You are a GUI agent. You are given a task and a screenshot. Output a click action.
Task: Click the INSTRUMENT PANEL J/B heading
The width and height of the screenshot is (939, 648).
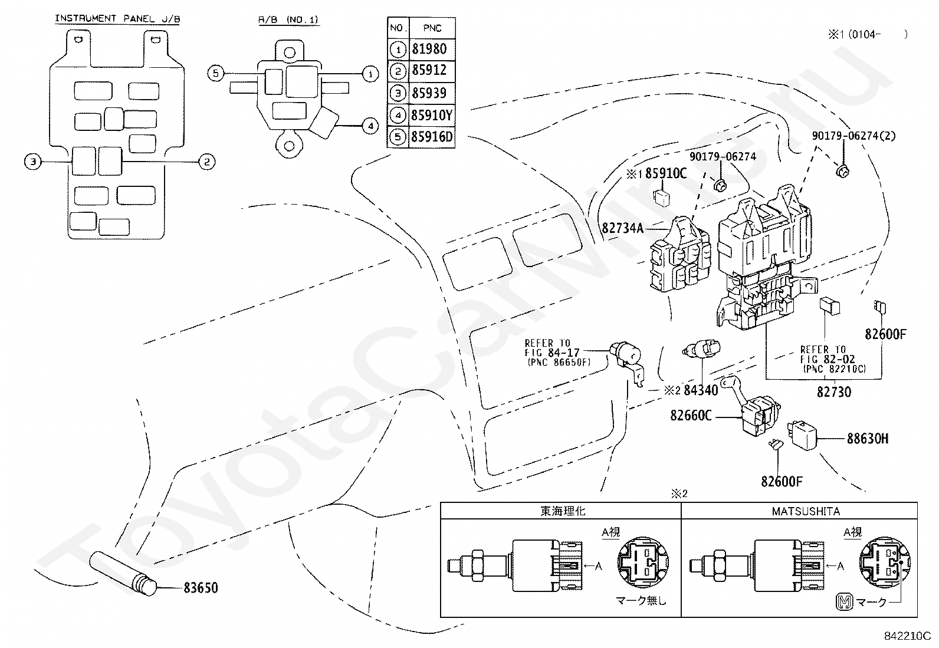(x=117, y=18)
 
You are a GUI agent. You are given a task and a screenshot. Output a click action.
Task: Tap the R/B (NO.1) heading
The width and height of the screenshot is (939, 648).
(x=288, y=19)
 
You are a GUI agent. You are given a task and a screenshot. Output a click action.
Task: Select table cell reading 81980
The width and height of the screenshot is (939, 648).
(x=429, y=49)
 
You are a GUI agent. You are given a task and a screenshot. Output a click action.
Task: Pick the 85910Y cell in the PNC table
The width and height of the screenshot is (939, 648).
(x=432, y=115)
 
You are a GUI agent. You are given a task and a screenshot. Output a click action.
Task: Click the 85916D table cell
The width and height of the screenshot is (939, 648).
(x=432, y=137)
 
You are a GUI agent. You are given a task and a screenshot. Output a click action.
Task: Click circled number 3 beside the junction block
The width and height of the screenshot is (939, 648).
(x=33, y=162)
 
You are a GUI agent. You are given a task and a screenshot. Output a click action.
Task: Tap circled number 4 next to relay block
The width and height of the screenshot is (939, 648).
(x=370, y=126)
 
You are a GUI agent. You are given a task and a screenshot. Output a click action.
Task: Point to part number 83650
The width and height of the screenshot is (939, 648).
(x=201, y=588)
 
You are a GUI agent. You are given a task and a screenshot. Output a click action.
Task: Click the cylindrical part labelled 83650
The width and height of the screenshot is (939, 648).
(x=123, y=573)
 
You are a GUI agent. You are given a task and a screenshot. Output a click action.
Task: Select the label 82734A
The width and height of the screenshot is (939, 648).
(x=622, y=228)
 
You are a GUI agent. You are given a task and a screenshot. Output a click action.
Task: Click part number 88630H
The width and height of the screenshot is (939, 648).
(x=867, y=439)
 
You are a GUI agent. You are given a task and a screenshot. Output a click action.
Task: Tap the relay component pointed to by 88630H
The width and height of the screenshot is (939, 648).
(x=802, y=435)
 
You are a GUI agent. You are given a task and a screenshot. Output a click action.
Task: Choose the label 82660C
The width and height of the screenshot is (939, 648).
(x=691, y=415)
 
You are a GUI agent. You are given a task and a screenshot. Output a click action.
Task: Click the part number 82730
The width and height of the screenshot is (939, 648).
(x=834, y=392)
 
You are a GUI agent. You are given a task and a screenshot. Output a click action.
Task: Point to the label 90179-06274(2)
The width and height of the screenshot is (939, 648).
(x=853, y=136)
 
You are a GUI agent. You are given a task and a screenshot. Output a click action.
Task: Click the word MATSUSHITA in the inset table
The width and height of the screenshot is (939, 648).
(x=806, y=511)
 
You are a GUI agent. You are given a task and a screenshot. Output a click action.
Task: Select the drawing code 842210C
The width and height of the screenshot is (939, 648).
(x=907, y=636)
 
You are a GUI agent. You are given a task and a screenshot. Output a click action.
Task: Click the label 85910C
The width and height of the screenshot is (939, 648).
(x=666, y=173)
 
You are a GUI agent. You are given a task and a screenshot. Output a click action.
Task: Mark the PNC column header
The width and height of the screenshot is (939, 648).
(x=432, y=28)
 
